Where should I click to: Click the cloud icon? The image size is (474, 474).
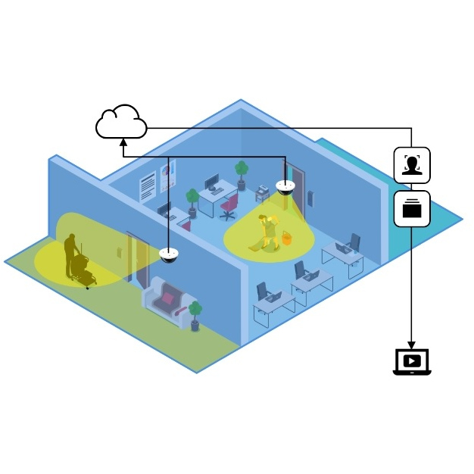pos(120,123)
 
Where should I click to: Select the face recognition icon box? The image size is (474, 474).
pos(412,165)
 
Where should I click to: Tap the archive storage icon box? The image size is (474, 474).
pos(412,208)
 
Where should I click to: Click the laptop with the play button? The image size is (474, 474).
pos(412,361)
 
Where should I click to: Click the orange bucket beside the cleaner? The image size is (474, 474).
pos(288,238)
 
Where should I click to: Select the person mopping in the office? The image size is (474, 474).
pos(267,231)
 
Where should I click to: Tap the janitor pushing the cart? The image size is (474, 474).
pos(70,251)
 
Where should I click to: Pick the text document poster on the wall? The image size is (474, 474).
pos(148,186)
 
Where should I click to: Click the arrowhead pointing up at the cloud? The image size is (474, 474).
pos(123,141)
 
